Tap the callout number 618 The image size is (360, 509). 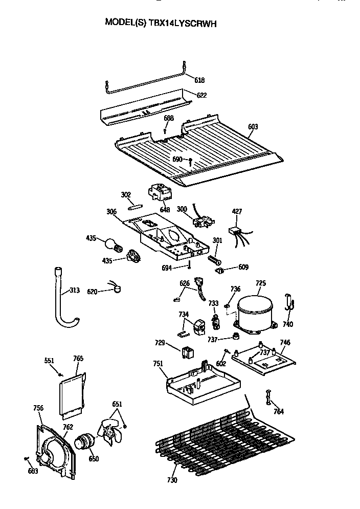pos(199,80)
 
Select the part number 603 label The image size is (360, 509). pos(253,127)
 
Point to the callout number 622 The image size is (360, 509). pos(201,95)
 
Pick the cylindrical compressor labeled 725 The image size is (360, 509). pos(255,312)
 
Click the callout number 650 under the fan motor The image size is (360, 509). pos(94,458)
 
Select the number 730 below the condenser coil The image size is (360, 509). pos(172,480)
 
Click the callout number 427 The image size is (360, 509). pos(237,211)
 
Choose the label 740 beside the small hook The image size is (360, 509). pos(288,324)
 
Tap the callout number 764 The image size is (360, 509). pos(279,411)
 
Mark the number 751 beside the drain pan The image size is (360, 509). pos(159,364)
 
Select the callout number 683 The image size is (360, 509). pos(32,471)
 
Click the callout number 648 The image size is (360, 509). pos(164,210)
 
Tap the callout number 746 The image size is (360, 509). pos(285,342)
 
